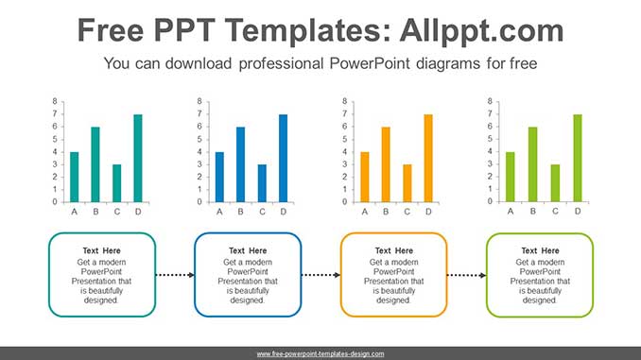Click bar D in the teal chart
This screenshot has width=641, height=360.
pyautogui.click(x=138, y=158)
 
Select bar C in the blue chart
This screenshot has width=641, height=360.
pyautogui.click(x=262, y=183)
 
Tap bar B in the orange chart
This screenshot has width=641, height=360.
pyautogui.click(x=386, y=164)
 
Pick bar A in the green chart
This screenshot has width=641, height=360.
pyautogui.click(x=511, y=177)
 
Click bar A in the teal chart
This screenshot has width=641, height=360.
pyautogui.click(x=75, y=177)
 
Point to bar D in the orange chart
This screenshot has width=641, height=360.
pyautogui.click(x=428, y=158)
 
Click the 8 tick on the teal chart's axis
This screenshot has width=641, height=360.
pyautogui.click(x=55, y=101)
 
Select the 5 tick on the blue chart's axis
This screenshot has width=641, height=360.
pyautogui.click(x=199, y=139)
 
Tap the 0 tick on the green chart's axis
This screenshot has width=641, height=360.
pyautogui.click(x=490, y=201)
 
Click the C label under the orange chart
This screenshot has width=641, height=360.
pyautogui.click(x=407, y=212)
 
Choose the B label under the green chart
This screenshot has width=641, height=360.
pyautogui.click(x=532, y=212)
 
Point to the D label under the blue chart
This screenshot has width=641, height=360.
pyautogui.click(x=284, y=212)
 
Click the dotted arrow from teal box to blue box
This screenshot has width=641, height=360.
pyautogui.click(x=175, y=275)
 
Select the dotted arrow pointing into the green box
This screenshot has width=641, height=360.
pyautogui.click(x=466, y=275)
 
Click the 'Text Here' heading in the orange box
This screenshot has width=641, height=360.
pyautogui.click(x=394, y=250)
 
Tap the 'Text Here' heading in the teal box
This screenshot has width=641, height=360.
pyautogui.click(x=101, y=250)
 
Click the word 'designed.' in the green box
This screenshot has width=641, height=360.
pyautogui.click(x=540, y=300)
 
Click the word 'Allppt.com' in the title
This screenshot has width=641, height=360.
pyautogui.click(x=481, y=30)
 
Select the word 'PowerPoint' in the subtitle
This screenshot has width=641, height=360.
pyautogui.click(x=369, y=63)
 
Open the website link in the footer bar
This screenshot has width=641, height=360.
pyautogui.click(x=320, y=354)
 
